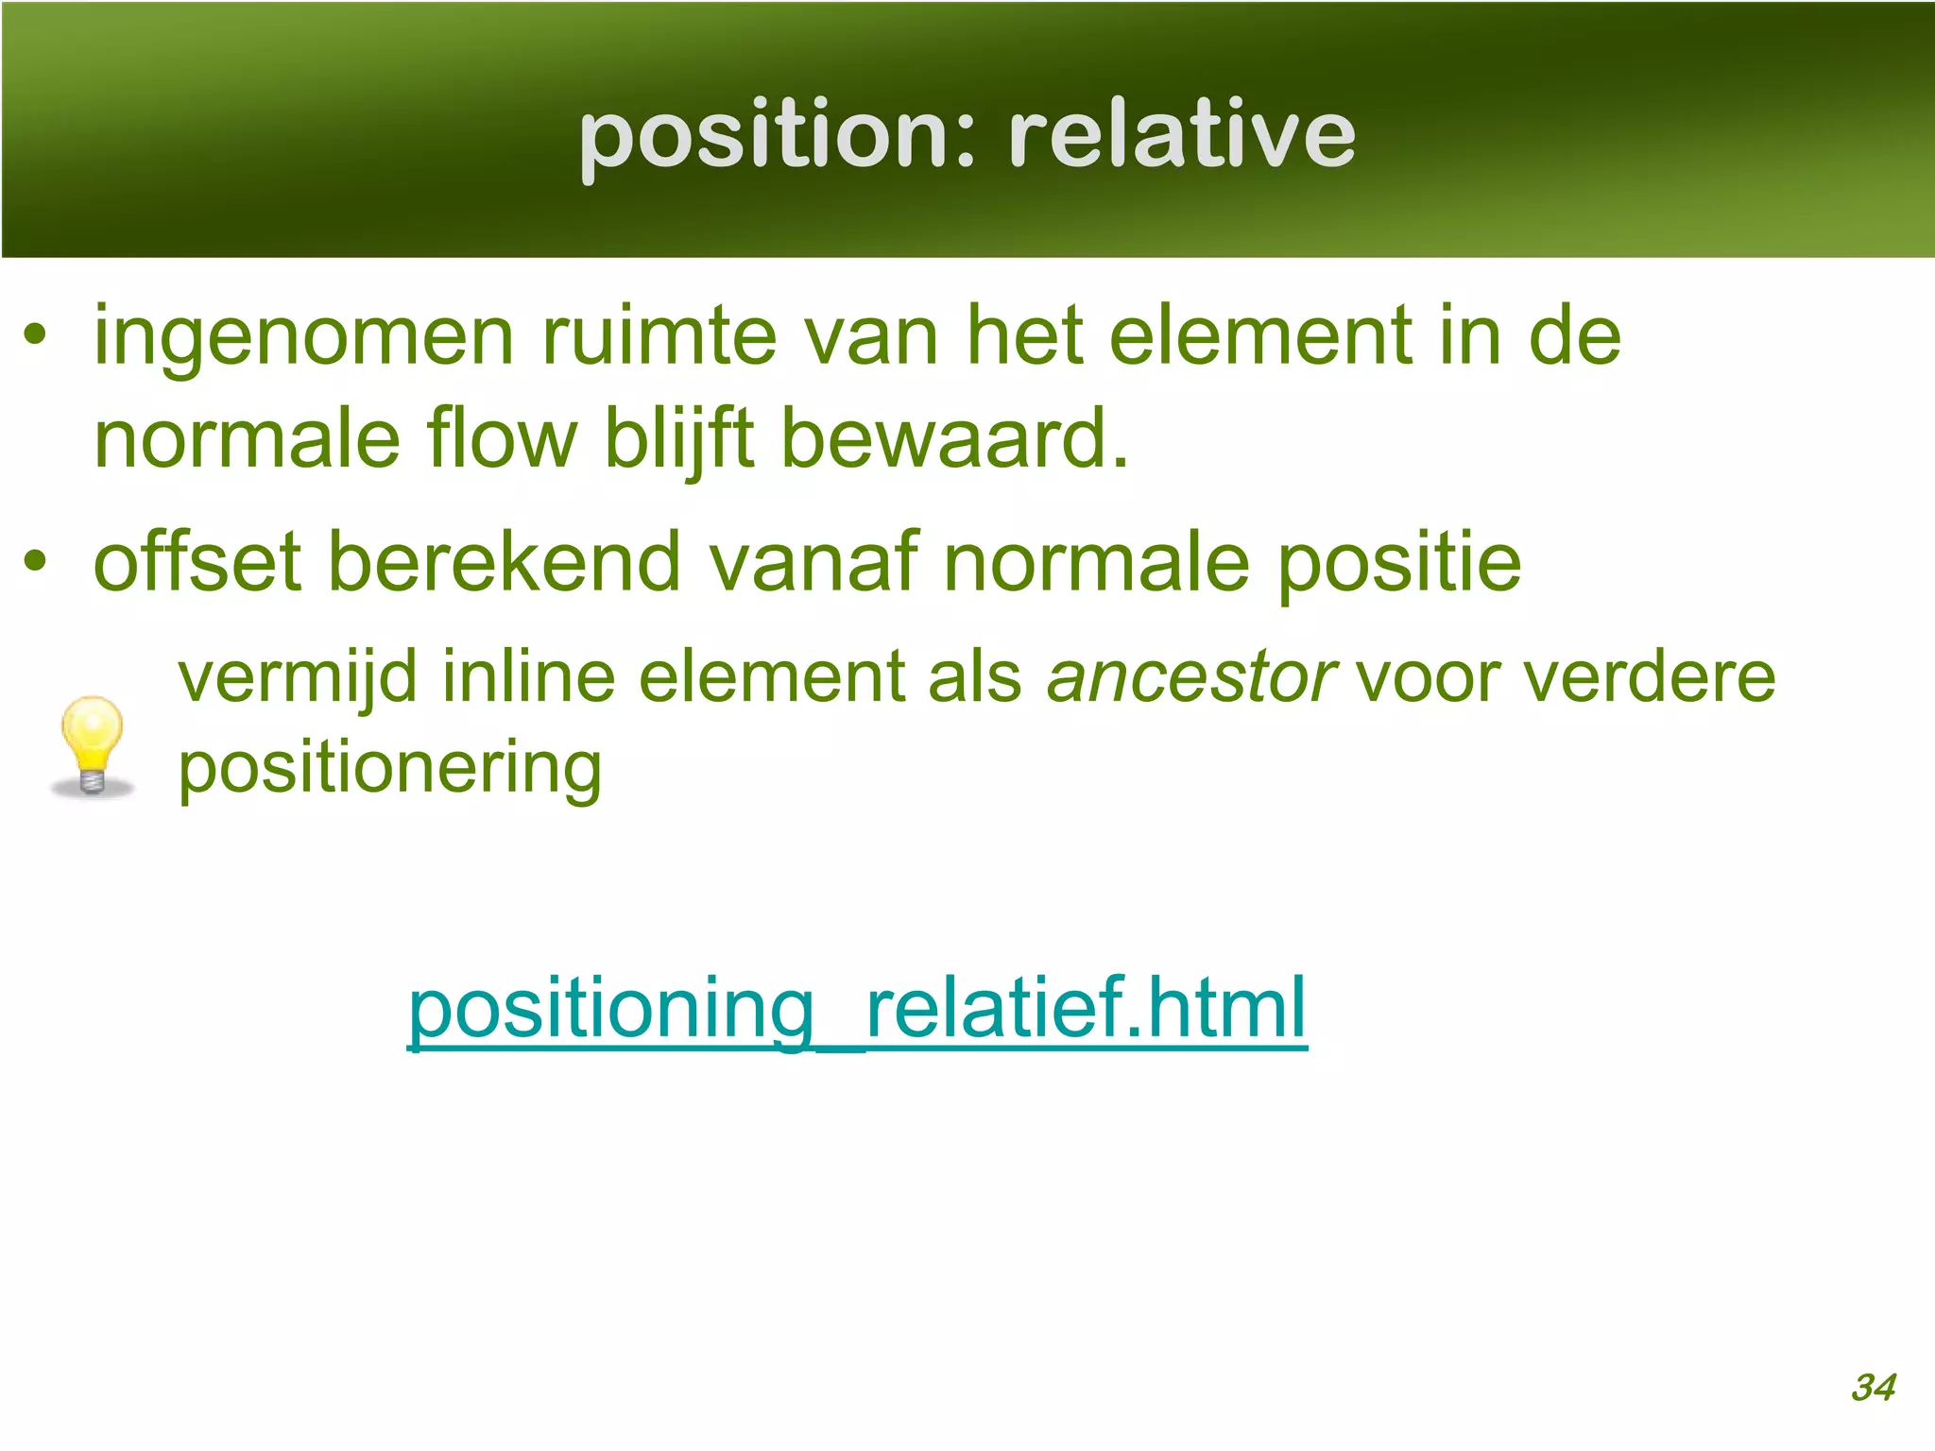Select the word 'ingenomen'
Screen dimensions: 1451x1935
(304, 338)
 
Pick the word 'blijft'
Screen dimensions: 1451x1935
(678, 440)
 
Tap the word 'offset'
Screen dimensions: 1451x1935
(197, 563)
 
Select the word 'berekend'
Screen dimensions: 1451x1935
(505, 563)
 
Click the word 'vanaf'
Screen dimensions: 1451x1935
(813, 563)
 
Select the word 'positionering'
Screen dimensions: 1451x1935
(389, 769)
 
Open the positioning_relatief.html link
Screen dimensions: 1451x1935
(857, 1009)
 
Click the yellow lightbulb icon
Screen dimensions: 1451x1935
(92, 745)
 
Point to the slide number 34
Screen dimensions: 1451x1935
(1873, 1388)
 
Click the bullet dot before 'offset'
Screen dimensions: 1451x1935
(35, 561)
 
